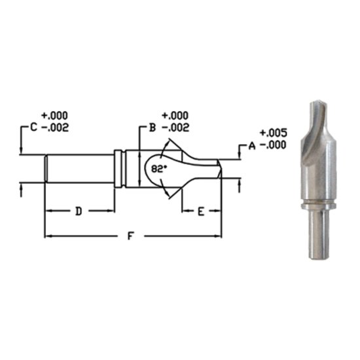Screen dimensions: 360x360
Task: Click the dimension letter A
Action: click(x=251, y=147)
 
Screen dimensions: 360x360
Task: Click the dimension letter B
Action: click(x=151, y=129)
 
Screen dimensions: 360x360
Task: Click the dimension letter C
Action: click(x=33, y=129)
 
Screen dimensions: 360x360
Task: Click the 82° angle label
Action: click(x=159, y=168)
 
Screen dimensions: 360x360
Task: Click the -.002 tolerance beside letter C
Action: click(x=55, y=129)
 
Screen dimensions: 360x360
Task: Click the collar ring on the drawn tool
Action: click(x=118, y=169)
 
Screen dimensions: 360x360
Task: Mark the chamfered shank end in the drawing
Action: click(x=46, y=168)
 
